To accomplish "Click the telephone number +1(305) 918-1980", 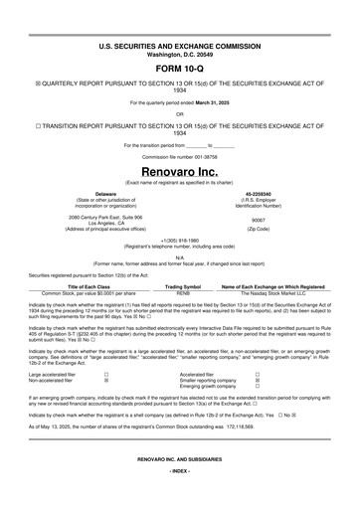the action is pos(180,241).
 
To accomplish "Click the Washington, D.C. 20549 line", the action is pos(180,53).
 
